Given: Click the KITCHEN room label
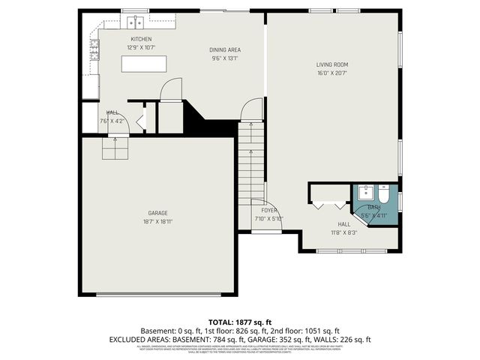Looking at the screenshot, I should point(141,39).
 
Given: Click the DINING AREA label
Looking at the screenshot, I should point(225,50).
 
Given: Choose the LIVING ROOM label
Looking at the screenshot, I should point(331,64).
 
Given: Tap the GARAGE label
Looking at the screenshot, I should point(157,212).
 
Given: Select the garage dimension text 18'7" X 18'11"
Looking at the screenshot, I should point(157,222).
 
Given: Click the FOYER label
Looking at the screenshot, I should point(269,210).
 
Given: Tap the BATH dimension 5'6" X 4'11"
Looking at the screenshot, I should point(373,215).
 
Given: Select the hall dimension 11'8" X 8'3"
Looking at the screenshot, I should point(343,232).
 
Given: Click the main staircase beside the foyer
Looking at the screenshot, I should point(252,161).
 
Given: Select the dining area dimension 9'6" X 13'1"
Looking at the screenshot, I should point(225,58).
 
